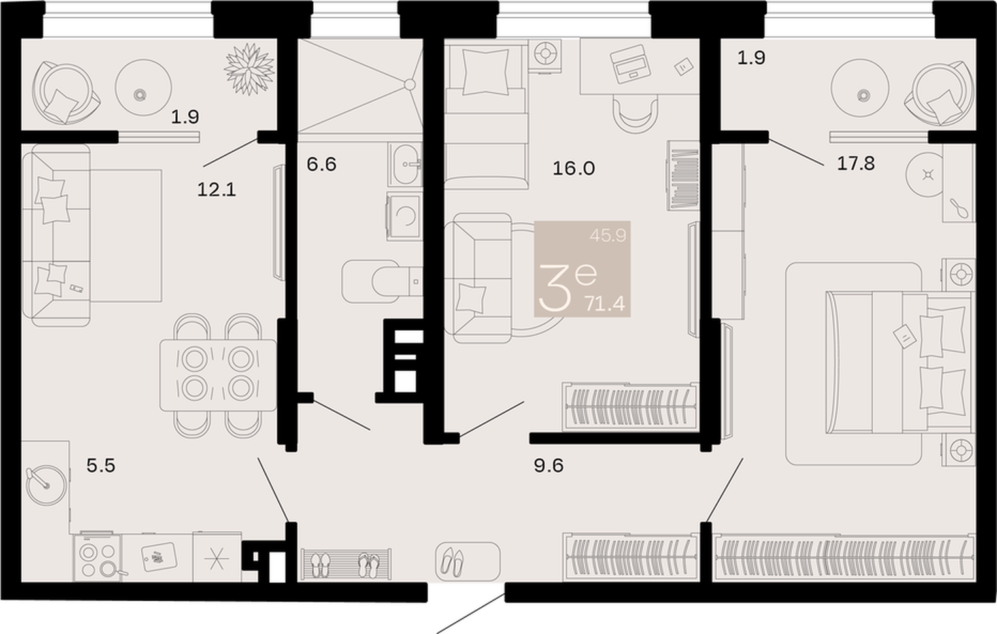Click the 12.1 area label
pos(216,190)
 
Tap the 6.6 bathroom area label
pos(322,164)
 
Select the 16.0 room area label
pos(574,168)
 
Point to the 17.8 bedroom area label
pos(856,163)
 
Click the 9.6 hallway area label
pos(549,466)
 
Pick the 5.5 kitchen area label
pos(101,466)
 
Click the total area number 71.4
pos(605,305)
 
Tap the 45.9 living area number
pos(607,235)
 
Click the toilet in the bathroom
pos(382,282)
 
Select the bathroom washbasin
pos(405,164)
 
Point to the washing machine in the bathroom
pos(403,216)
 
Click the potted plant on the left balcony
pos(249,69)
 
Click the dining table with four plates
pos(218,376)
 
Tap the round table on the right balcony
pos(860,88)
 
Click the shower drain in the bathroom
pos(409,84)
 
